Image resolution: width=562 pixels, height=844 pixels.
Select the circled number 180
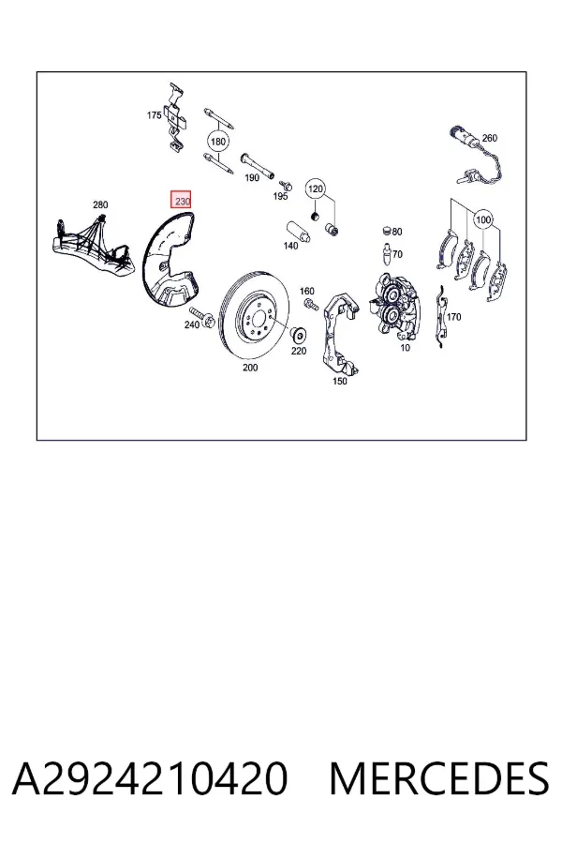pos(218,142)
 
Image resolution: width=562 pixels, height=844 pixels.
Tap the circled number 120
pos(316,188)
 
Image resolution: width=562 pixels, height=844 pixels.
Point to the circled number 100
pos(483,219)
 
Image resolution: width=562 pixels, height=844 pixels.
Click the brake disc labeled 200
pos(255,315)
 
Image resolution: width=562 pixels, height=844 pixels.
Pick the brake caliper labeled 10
pos(395,309)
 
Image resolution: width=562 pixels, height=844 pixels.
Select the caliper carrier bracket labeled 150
pos(340,333)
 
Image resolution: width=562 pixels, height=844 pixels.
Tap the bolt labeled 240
pos(204,317)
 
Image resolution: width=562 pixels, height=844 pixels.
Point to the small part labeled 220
pos(298,336)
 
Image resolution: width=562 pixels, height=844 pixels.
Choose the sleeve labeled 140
pos(298,232)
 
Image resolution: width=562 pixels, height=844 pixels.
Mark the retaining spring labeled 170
pos(440,317)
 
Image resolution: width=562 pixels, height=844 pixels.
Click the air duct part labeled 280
pos(93,245)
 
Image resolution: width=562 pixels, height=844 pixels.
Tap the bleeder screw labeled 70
pos(386,254)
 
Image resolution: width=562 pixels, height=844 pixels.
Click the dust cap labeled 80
pos(386,232)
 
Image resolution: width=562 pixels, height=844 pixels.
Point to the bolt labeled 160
pos(310,304)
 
